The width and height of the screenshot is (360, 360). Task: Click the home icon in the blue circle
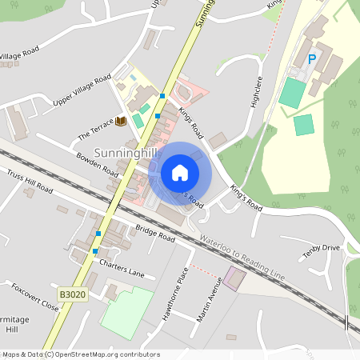tap(180, 173)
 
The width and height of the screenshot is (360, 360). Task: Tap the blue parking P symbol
tap(311, 58)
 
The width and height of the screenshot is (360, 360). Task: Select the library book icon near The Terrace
tap(120, 121)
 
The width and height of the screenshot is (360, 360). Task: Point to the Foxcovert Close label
tap(35, 295)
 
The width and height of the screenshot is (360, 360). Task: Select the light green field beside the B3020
tap(126, 313)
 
